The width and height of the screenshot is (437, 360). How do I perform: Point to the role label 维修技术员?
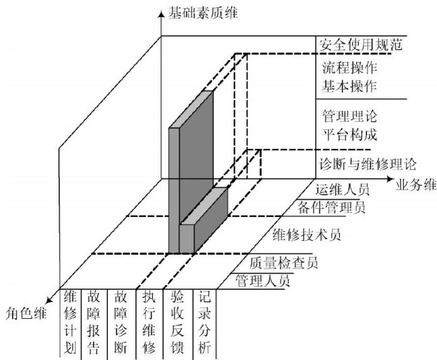point(305,235)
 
